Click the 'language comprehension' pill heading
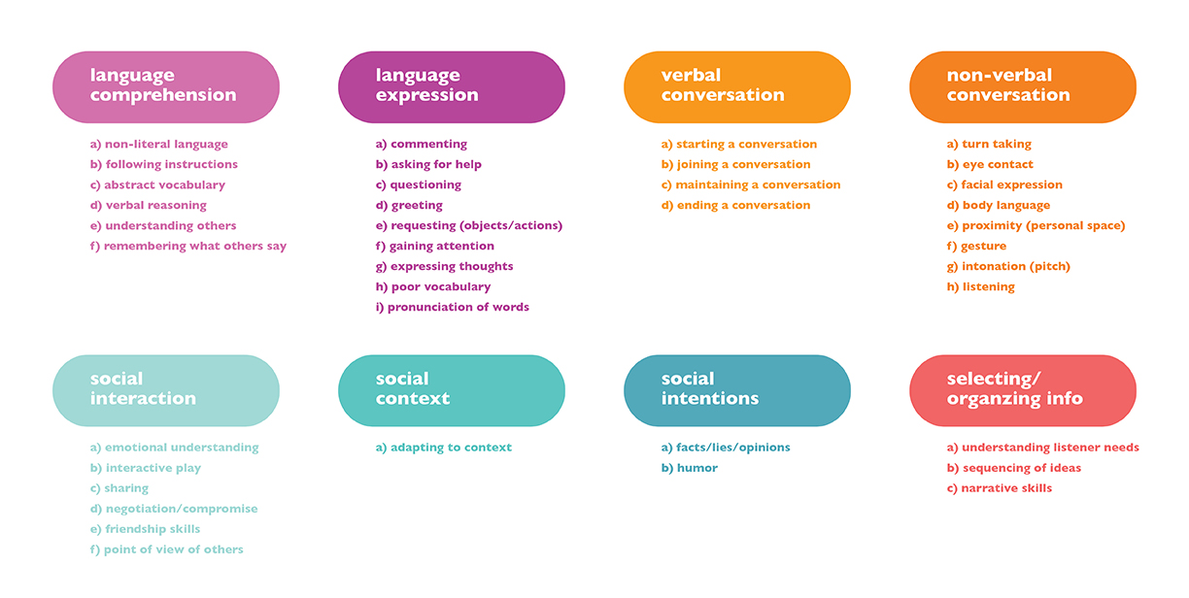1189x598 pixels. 165,86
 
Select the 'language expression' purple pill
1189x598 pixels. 451,86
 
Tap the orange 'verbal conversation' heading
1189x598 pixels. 736,86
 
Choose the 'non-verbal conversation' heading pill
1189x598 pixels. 1022,86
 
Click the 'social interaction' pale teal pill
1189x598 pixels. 165,389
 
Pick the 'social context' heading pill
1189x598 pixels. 451,389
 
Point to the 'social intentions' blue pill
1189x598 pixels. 736,389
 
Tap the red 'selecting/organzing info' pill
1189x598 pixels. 1022,389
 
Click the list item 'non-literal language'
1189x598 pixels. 159,145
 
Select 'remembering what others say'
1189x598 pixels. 188,247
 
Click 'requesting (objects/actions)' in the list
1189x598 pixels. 469,226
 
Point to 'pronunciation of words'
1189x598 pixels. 453,308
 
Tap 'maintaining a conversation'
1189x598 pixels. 751,185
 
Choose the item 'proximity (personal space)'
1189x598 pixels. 1036,226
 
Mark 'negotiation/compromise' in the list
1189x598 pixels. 174,509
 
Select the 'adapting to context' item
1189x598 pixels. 444,448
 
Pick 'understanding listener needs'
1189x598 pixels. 1043,448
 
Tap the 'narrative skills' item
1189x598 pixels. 1000,488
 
